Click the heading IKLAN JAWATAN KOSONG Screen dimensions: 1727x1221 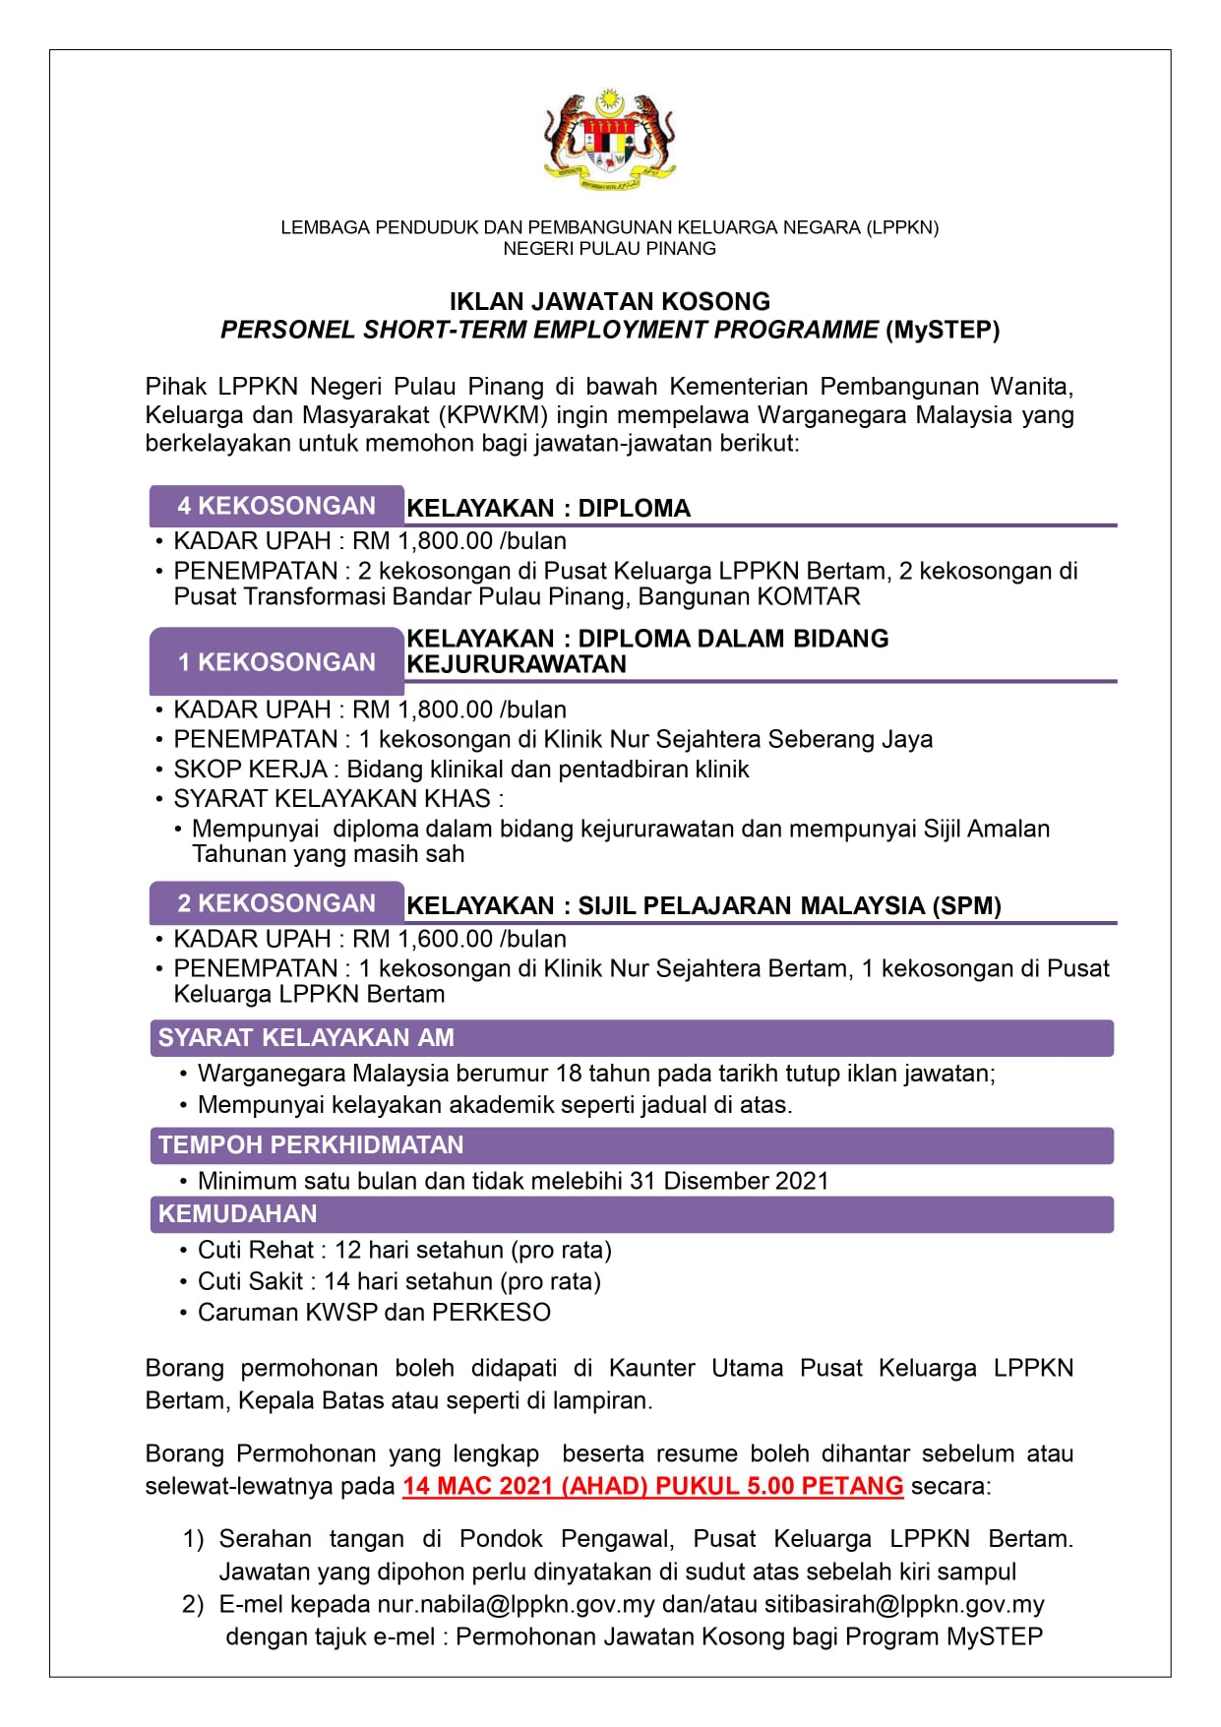[x=610, y=301]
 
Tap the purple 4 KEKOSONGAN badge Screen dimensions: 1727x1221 [x=276, y=506]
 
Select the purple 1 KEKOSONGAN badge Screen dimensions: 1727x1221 [x=276, y=662]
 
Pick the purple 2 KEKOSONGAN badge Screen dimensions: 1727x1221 [x=276, y=903]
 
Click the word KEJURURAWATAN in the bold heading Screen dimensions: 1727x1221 [x=517, y=664]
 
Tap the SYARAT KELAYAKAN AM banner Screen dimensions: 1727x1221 [x=631, y=1037]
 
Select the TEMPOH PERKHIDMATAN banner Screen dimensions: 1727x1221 [x=631, y=1145]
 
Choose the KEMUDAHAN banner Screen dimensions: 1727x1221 [x=631, y=1214]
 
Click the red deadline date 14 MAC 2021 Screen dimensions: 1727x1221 [x=477, y=1486]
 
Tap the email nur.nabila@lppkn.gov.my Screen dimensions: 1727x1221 [x=516, y=1604]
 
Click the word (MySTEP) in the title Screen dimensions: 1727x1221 [x=943, y=330]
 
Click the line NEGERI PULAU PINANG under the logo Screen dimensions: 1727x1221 [x=610, y=249]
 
